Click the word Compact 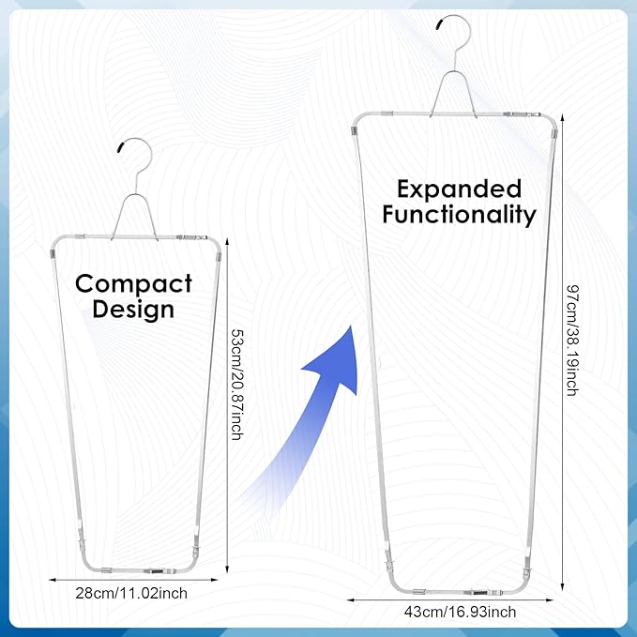[133, 285]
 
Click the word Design [133, 311]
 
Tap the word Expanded [460, 190]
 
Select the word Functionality [460, 215]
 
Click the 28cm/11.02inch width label [131, 594]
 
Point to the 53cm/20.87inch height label [236, 385]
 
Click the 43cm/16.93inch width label [460, 612]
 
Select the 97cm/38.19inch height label [572, 341]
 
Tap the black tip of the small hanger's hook [121, 147]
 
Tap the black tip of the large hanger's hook [440, 23]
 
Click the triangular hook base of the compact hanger [134, 217]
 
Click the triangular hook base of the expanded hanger [453, 94]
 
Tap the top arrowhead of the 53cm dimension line [227, 241]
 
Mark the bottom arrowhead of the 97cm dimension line [562, 586]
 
